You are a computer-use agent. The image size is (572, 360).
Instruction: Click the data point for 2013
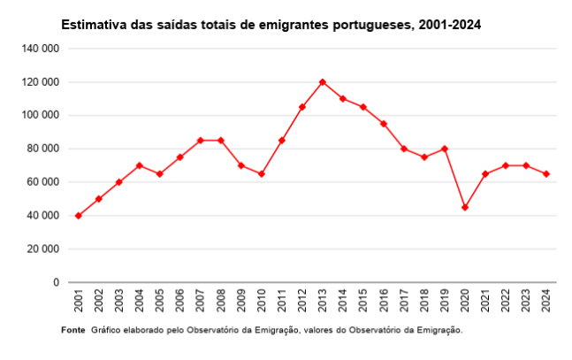pos(323,82)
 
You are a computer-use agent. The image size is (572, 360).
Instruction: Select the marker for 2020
pos(465,207)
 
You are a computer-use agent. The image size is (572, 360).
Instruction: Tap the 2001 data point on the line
pos(78,216)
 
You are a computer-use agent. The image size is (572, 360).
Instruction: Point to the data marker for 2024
pos(546,174)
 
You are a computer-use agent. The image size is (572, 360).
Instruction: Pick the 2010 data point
pos(262,174)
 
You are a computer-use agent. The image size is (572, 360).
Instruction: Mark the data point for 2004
pos(139,165)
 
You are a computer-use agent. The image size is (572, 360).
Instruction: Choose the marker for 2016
pos(384,124)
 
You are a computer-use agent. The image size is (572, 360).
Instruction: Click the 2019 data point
pos(445,149)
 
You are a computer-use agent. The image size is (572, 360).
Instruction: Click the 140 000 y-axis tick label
pos(41,49)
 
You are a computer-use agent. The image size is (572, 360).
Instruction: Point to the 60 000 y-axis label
pos(43,182)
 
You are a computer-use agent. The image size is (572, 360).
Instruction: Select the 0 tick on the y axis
pos(56,282)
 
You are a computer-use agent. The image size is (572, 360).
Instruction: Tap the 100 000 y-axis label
pos(41,115)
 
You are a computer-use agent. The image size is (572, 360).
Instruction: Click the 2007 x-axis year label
pos(201,301)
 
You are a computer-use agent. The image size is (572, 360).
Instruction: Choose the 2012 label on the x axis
pos(302,301)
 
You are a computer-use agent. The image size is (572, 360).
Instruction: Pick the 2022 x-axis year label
pos(506,301)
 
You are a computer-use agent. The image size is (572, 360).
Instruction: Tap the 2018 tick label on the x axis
pos(424,301)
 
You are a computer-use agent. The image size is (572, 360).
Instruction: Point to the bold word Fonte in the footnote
pos(73,330)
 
